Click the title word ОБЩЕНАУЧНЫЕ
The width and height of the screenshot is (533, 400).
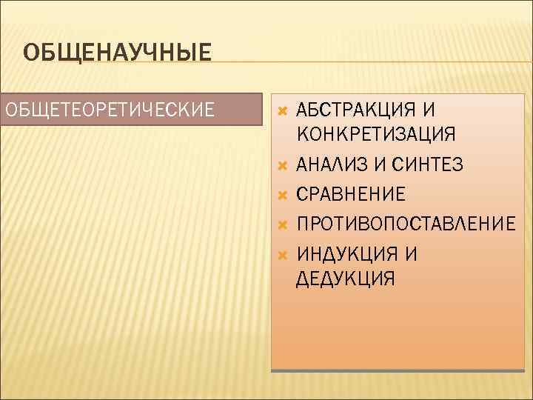pos(117,53)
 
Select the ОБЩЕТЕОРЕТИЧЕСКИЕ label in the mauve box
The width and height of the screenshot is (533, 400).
pos(110,110)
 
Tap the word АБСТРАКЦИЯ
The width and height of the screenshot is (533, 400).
pos(355,111)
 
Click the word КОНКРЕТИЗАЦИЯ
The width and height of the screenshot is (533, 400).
pos(376,134)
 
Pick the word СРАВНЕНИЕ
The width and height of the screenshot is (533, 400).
pos(350,194)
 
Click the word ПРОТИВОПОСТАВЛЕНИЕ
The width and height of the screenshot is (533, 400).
pos(405,224)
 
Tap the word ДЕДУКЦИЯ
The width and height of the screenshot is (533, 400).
pos(345,279)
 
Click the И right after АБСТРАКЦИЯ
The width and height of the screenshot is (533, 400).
pos(429,111)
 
